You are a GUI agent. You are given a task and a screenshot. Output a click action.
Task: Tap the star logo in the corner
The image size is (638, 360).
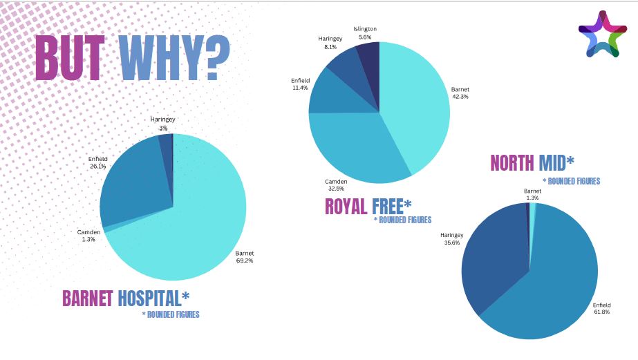[x=603, y=34]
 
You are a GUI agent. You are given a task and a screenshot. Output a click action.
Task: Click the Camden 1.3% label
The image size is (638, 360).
[x=89, y=236]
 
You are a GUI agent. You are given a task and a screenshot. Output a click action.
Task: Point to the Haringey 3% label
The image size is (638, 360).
[x=163, y=124]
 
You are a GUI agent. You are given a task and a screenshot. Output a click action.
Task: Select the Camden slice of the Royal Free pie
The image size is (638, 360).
[x=353, y=152]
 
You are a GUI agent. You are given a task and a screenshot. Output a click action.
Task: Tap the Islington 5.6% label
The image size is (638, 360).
[x=365, y=32]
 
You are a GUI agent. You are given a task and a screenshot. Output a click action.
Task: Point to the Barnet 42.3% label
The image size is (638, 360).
[x=460, y=93]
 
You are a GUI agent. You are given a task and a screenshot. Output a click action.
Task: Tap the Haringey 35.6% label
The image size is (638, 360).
[x=452, y=239]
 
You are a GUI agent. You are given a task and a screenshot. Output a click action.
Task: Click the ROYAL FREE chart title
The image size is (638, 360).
[x=368, y=206]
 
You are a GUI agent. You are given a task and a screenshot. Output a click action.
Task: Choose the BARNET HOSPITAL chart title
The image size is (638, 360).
[x=125, y=298]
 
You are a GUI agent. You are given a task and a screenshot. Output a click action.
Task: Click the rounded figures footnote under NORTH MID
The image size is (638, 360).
[x=571, y=182]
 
